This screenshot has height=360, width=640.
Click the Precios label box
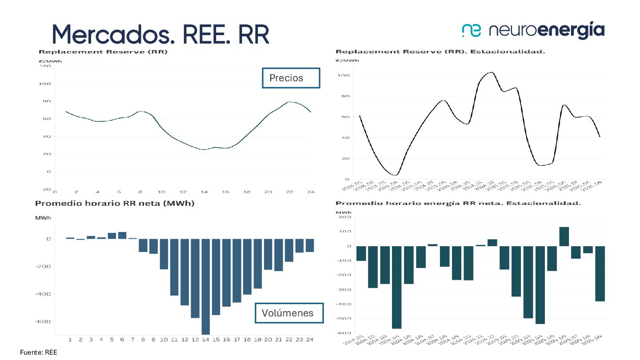tap(291, 78)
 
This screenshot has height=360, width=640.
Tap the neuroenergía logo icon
tap(472, 30)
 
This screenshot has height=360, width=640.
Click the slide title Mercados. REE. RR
tap(160, 34)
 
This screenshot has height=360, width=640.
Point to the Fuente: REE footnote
tap(39, 352)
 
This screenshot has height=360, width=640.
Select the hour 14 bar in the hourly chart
tap(205, 286)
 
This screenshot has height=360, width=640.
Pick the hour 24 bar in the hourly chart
tap(310, 245)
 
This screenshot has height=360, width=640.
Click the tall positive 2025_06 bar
tap(564, 236)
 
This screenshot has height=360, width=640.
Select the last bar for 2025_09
tap(600, 273)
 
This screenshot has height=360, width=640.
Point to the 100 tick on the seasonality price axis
tap(345, 76)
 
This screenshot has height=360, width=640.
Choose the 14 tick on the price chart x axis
tap(204, 192)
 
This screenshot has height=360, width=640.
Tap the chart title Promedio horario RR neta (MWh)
tap(115, 204)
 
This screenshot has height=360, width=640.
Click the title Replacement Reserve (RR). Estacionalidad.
tap(440, 52)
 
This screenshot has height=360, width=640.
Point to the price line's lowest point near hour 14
tap(204, 150)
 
